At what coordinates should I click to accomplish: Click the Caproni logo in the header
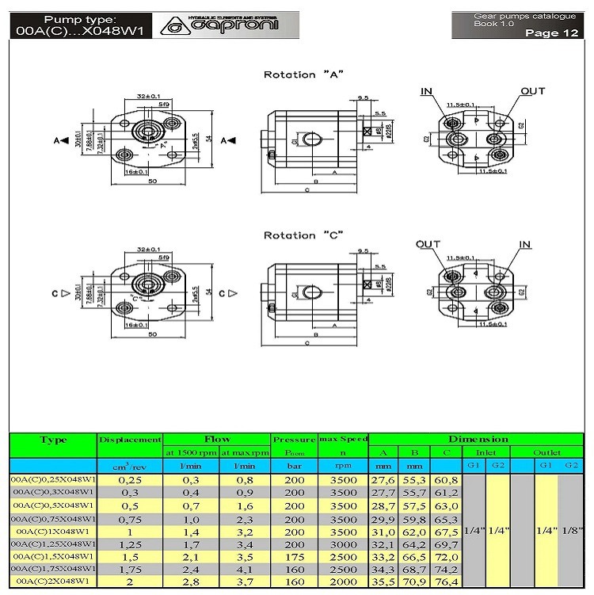pos(224,25)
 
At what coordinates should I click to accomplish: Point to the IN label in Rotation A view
pos(427,92)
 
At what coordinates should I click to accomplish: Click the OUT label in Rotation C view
pos(428,244)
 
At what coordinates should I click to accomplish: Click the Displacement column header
pos(130,439)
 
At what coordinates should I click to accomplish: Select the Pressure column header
pos(294,439)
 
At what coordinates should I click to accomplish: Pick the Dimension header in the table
pos(478,439)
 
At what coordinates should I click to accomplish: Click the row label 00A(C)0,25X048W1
pos(53,479)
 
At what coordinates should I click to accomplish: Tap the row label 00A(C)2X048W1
pos(53,582)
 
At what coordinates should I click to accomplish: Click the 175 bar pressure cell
pos(294,556)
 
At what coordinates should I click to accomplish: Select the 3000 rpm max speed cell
pos(343,544)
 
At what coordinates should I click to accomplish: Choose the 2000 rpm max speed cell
pos(343,582)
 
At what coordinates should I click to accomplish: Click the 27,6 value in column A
pos(383,479)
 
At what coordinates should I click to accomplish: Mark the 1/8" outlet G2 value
pos(571,531)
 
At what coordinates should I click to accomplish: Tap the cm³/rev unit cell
pos(130,466)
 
